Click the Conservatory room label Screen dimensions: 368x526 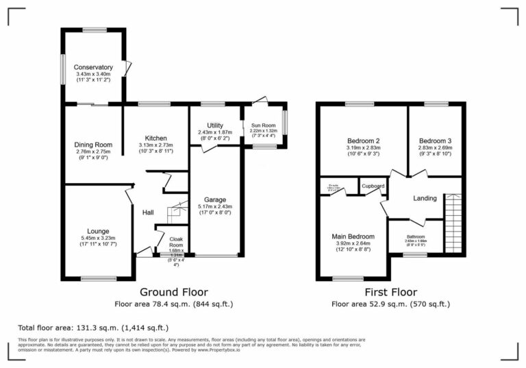94,67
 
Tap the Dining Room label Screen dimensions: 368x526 93,145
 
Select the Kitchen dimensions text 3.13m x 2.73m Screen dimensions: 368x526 156,145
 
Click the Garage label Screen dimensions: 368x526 215,199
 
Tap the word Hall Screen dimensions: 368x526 147,213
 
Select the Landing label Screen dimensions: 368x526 425,199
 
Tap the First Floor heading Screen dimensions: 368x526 390,292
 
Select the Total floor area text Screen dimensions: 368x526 92,328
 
